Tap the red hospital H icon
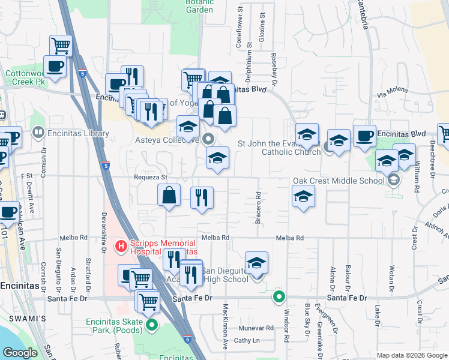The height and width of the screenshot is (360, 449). pos(121,245)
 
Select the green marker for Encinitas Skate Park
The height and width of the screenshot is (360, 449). pos(152,326)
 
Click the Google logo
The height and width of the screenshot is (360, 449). pos(20,353)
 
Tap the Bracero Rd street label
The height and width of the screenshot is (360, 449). pos(258,208)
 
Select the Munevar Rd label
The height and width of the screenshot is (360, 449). pos(256,328)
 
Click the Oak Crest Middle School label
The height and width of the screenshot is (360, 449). pos(339,181)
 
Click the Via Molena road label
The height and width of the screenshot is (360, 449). pos(392,91)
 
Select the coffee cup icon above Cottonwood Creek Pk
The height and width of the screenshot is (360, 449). pos(55,67)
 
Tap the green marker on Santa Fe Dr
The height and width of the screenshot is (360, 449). pos(279,296)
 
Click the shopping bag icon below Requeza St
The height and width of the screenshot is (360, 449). pos(169,195)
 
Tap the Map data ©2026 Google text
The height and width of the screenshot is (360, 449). pos(411,355)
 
